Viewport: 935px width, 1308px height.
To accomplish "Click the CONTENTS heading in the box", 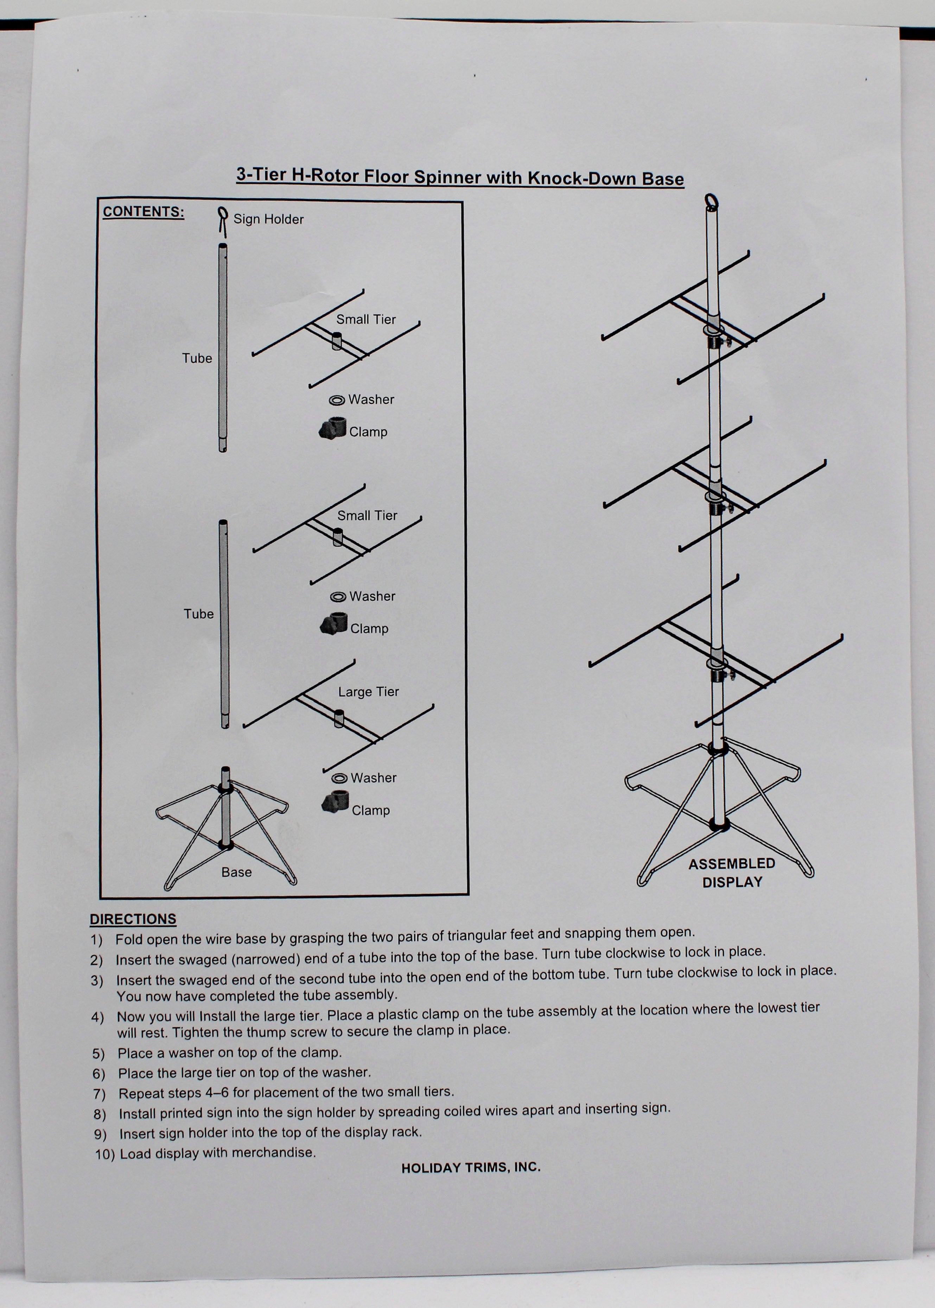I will click(144, 212).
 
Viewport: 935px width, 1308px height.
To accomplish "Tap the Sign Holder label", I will click(268, 219).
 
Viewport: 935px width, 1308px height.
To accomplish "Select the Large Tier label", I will click(368, 692).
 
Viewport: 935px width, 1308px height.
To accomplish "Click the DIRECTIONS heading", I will click(133, 919).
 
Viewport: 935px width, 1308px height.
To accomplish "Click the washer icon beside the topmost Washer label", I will click(337, 400).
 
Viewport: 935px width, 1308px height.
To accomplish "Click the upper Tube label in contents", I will click(197, 358).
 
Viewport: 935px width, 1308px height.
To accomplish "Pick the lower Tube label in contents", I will click(199, 614).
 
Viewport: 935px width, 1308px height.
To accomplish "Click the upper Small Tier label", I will click(366, 320).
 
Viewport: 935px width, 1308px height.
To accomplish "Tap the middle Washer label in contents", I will click(372, 596).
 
